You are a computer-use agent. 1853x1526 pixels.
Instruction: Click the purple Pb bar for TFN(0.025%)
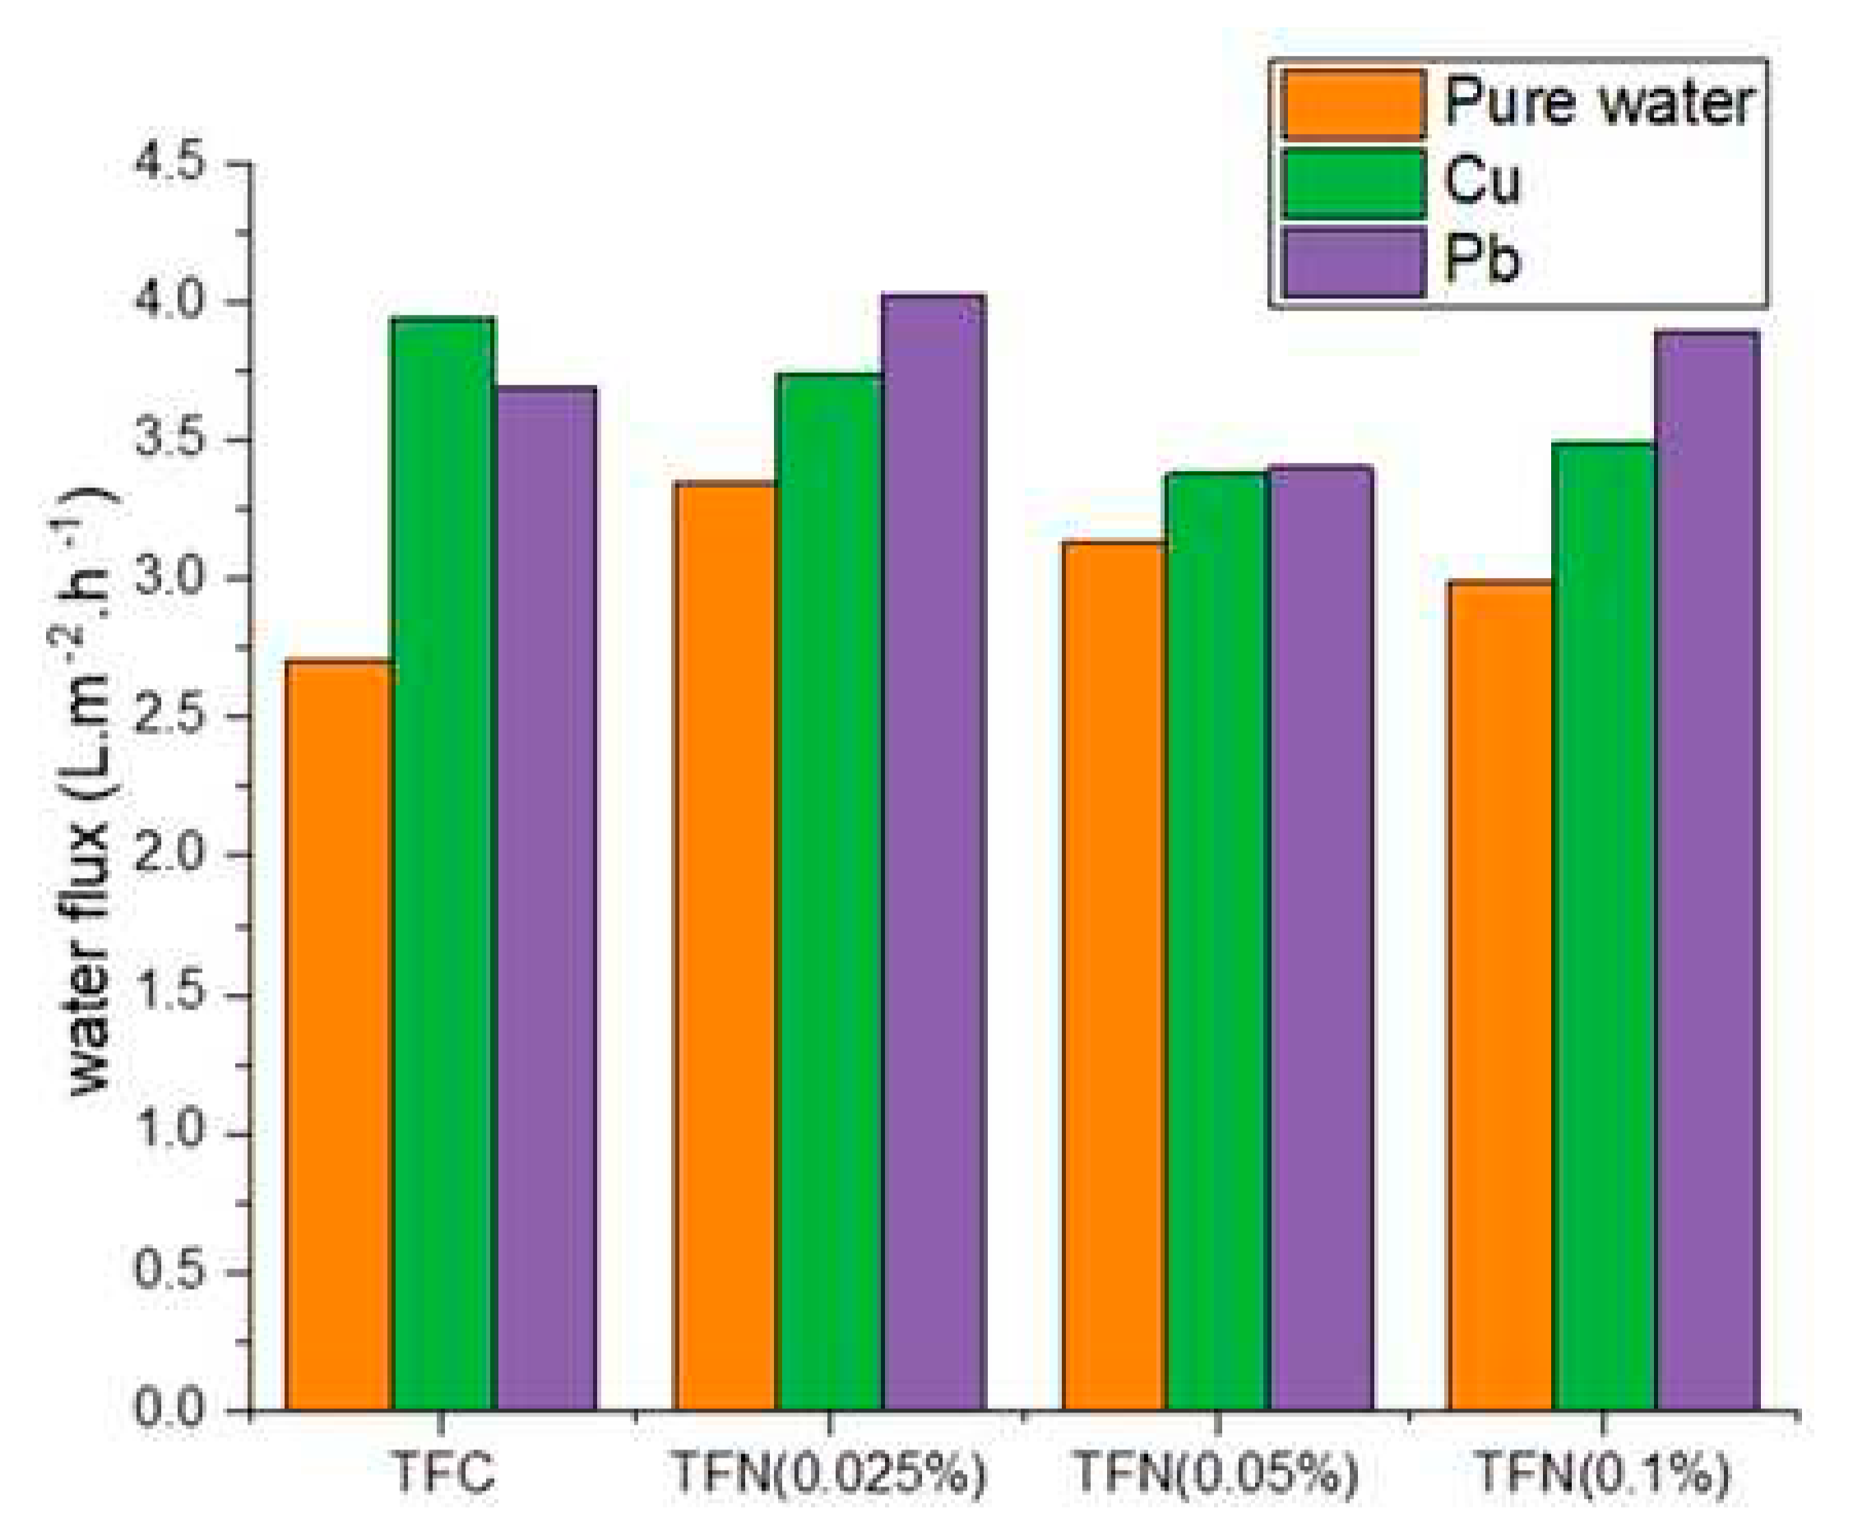click(933, 853)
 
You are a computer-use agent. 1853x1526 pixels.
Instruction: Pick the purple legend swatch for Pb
click(1352, 262)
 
